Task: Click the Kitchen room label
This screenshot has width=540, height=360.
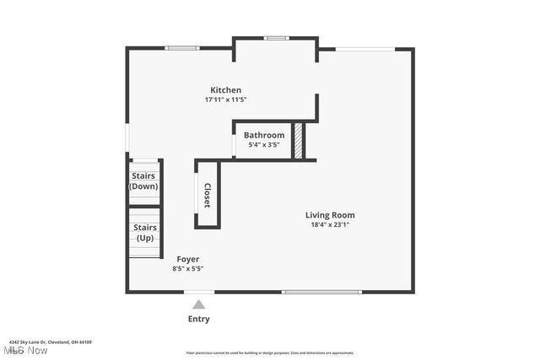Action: tap(225, 90)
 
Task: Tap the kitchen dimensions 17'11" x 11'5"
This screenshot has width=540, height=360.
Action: tap(225, 99)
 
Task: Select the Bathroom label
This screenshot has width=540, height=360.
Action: tap(264, 135)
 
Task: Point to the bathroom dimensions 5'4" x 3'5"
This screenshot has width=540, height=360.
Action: tap(264, 145)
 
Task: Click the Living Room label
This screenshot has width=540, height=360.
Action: tap(330, 215)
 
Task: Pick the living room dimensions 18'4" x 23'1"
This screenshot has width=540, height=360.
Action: tap(330, 225)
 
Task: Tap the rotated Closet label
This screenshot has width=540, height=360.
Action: tap(207, 196)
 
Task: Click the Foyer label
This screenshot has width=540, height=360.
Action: tap(187, 259)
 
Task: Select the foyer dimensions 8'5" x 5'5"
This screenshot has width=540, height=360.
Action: tap(187, 269)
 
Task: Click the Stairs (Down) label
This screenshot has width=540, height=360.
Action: tap(143, 181)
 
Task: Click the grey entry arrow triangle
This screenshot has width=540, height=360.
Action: tap(198, 304)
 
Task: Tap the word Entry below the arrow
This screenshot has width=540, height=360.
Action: tap(198, 320)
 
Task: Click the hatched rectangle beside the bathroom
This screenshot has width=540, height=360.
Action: tap(298, 141)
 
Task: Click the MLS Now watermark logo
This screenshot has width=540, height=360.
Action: tap(25, 351)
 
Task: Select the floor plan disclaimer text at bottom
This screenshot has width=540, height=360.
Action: tap(270, 353)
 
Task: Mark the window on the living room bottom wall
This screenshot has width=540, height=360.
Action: tap(324, 293)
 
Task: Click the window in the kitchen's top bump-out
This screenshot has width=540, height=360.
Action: tap(275, 38)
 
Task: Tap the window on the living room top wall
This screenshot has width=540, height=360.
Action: tap(365, 49)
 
